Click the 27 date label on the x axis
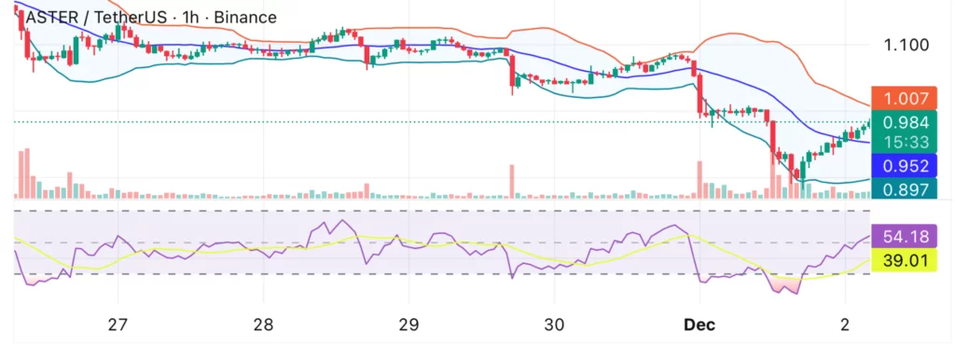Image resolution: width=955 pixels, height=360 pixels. [x=118, y=325]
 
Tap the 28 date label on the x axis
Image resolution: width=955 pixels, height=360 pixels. [x=263, y=325]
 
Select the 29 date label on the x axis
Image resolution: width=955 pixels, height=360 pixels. [x=408, y=325]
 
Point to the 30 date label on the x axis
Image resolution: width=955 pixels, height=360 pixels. [x=554, y=325]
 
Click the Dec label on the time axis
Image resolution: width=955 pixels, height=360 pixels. [x=699, y=325]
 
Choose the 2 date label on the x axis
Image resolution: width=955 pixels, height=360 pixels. [x=844, y=325]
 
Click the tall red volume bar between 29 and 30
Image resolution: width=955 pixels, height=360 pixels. [x=512, y=182]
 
